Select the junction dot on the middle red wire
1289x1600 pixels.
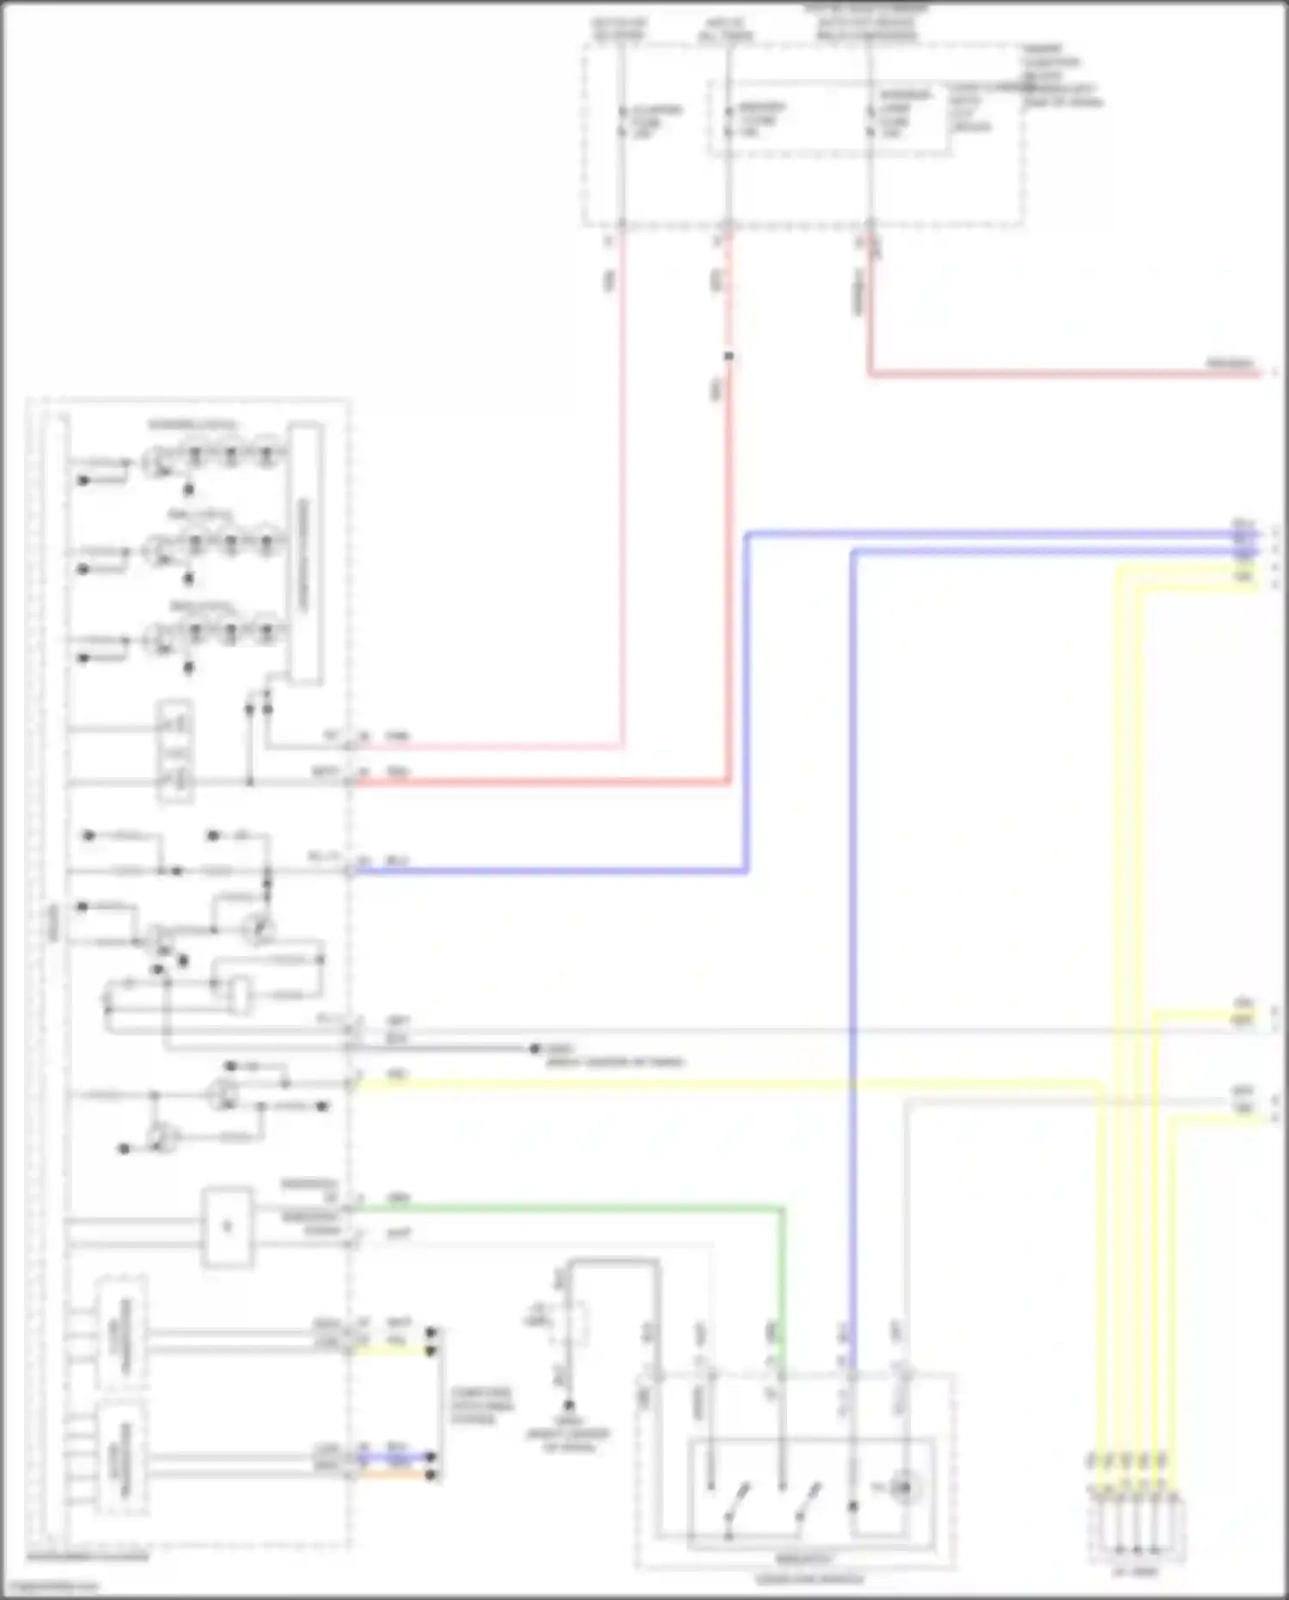tap(729, 356)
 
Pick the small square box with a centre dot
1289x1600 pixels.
tap(228, 1227)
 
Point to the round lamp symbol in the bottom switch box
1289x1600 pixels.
tap(902, 1487)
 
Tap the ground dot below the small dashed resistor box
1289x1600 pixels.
tap(567, 1403)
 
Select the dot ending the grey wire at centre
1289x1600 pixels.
tap(535, 1048)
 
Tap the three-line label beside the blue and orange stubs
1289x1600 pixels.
tap(482, 1406)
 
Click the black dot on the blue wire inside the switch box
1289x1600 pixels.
tap(852, 1506)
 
